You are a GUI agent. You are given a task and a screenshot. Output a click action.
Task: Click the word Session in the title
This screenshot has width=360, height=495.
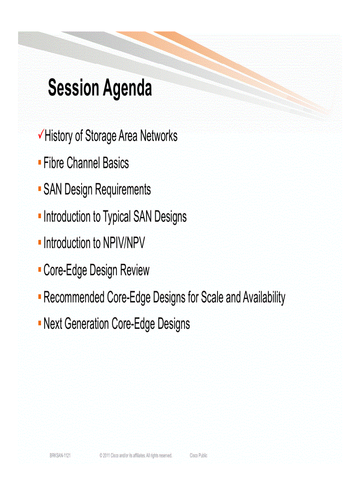[x=73, y=88]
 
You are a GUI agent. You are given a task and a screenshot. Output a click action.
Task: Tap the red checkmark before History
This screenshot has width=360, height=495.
[x=41, y=134]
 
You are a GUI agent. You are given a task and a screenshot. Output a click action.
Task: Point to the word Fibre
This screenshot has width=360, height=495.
[x=54, y=163]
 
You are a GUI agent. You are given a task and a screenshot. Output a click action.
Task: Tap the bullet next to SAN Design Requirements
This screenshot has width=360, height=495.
[x=40, y=189]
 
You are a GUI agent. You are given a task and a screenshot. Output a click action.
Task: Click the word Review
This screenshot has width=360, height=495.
[x=135, y=270]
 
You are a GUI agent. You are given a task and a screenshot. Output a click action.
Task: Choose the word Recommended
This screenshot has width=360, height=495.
[x=74, y=298]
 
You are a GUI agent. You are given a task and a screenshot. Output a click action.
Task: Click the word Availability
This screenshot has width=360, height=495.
[x=264, y=298]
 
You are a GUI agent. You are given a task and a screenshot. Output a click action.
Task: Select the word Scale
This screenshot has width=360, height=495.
[x=212, y=298]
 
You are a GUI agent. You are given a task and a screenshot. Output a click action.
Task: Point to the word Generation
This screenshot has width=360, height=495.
[x=86, y=324]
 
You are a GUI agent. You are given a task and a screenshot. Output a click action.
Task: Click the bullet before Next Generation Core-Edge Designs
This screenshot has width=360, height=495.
[x=40, y=323]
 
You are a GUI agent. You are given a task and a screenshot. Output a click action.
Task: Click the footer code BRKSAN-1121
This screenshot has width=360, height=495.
[x=60, y=456]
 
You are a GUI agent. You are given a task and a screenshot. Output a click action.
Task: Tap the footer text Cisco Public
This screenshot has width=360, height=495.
[x=199, y=456]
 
